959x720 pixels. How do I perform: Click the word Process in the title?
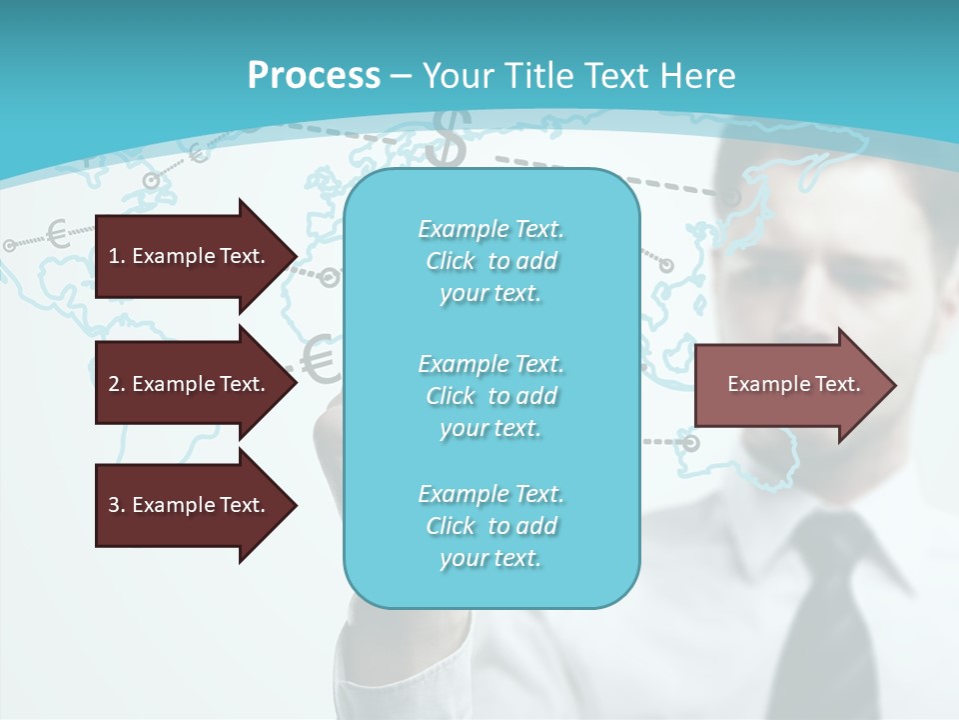314,76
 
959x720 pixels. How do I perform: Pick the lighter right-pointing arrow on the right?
794,384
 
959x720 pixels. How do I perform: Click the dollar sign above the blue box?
447,140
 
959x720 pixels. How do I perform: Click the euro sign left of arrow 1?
58,235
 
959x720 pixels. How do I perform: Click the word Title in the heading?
537,76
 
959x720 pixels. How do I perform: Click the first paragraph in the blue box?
490,261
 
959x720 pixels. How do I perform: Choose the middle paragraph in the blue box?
490,396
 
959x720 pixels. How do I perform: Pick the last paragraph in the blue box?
490,526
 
